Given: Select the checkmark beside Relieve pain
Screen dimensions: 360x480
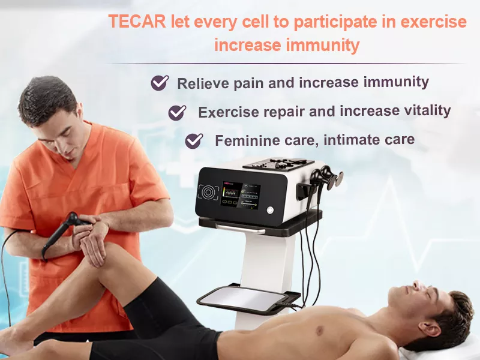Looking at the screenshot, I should point(160,83).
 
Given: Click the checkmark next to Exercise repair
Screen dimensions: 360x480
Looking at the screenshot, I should point(177,112).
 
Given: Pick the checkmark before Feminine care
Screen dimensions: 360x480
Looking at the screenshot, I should point(194,141).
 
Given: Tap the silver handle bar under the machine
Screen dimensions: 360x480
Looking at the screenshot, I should point(240,228).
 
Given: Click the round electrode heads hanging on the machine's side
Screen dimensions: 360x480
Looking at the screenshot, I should point(331,179).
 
